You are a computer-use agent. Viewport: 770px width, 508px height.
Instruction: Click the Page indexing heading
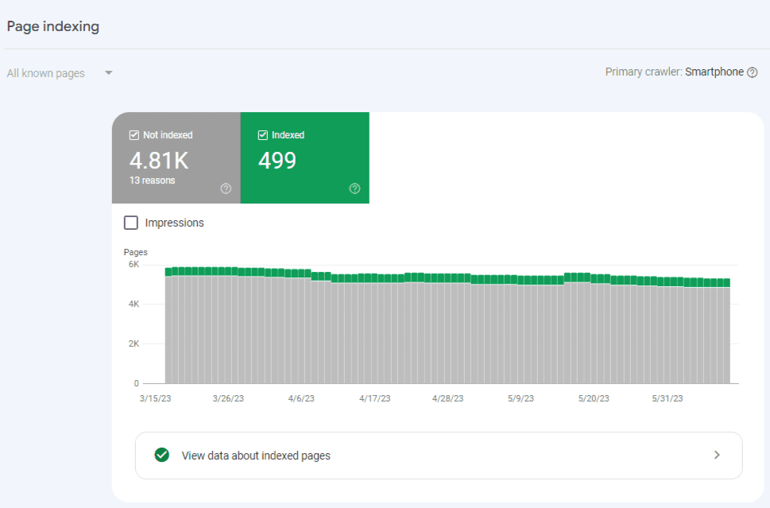point(53,26)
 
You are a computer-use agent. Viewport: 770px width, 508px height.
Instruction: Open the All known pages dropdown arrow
point(109,73)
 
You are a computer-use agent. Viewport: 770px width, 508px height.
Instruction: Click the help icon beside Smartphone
point(753,72)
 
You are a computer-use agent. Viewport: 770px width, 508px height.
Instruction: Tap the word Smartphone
point(714,72)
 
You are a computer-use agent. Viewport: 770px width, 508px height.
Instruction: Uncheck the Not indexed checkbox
point(134,135)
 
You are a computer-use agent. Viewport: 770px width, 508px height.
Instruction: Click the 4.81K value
point(159,161)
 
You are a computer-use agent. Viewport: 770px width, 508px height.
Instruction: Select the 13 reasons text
point(153,180)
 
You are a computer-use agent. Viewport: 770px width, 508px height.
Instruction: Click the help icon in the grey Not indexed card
point(226,188)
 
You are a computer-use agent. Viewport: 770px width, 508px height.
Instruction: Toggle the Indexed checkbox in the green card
point(263,135)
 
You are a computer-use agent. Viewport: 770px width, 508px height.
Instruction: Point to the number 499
point(277,161)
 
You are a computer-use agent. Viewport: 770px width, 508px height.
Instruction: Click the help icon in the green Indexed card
point(354,188)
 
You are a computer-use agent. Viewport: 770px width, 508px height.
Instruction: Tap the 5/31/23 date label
point(667,399)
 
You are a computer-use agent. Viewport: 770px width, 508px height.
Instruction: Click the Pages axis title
point(136,252)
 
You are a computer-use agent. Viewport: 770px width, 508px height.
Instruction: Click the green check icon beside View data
point(162,456)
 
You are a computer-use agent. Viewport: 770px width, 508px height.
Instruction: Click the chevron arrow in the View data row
point(717,456)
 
